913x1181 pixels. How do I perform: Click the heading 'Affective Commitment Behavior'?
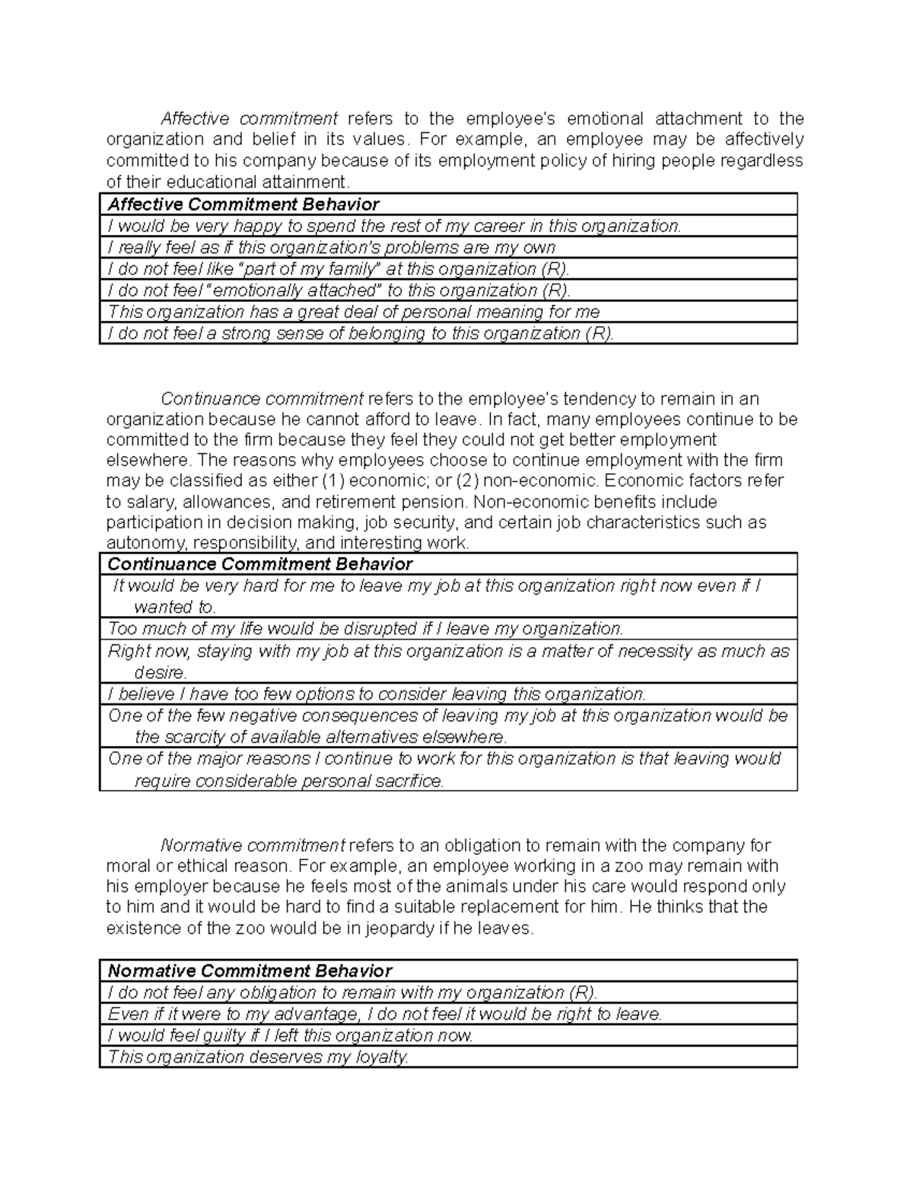[243, 205]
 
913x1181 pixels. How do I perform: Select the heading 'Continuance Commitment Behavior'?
[260, 564]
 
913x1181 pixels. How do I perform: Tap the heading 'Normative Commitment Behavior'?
[250, 971]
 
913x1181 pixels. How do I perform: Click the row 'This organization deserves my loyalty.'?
[259, 1057]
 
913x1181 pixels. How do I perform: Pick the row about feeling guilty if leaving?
[291, 1036]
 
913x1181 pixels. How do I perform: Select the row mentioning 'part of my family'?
[339, 269]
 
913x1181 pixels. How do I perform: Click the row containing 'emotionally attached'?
[339, 290]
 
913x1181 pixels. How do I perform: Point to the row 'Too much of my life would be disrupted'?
[365, 629]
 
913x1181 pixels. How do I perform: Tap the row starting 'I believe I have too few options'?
[377, 694]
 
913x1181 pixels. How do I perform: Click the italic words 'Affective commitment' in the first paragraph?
[249, 119]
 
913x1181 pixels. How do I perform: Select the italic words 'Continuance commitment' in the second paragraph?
[262, 399]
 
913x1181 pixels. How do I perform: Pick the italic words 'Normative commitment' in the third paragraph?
[253, 846]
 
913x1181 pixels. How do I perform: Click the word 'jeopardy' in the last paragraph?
[401, 929]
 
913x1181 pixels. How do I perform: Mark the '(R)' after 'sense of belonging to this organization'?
[597, 334]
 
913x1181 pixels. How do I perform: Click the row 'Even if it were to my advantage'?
[384, 1014]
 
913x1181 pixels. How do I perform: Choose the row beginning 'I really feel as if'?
[331, 248]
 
